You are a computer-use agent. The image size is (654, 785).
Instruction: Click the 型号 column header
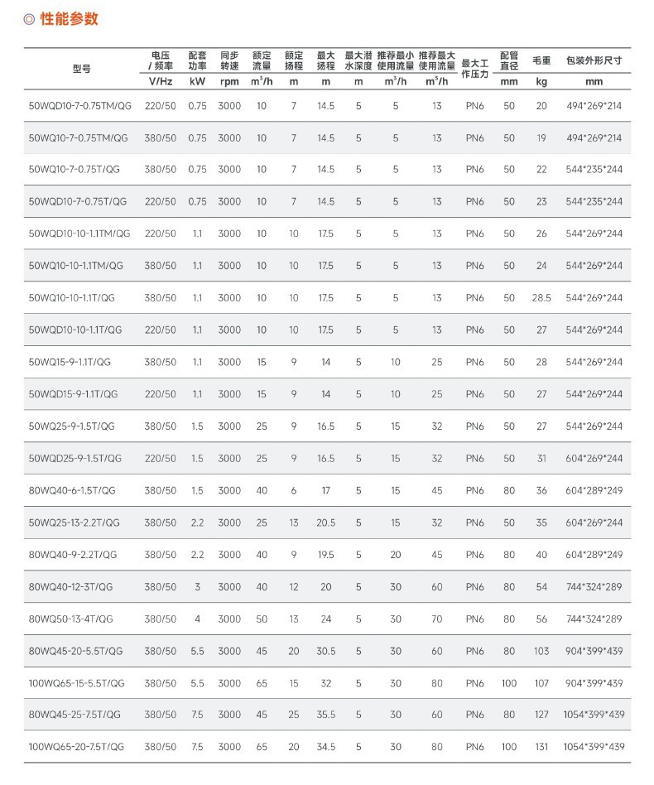point(82,69)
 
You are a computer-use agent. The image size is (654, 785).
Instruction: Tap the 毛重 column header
point(541,60)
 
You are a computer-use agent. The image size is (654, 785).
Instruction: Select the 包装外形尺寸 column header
point(594,60)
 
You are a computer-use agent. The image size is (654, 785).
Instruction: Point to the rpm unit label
point(229,82)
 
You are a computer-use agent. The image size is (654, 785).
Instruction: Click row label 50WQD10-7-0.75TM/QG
point(79,106)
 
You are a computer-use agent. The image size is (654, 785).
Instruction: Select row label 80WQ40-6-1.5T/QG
point(72,490)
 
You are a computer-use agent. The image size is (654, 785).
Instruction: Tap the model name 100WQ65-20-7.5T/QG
point(76,746)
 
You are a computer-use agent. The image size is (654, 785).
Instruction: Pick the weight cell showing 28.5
point(541,298)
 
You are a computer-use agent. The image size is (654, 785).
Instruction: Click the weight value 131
point(541,746)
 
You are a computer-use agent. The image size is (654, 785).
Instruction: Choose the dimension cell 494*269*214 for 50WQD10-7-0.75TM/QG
point(594,106)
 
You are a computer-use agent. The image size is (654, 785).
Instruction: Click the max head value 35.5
point(326,715)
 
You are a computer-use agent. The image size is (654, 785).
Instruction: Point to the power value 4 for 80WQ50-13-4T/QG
point(197,619)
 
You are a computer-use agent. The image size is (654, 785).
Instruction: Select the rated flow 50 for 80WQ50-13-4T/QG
point(262,619)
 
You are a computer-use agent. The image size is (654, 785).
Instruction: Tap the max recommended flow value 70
point(436,619)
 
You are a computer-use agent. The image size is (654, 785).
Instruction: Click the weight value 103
point(541,651)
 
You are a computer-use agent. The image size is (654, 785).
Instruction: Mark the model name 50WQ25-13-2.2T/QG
point(75,523)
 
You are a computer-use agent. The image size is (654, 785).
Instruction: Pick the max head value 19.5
point(326,555)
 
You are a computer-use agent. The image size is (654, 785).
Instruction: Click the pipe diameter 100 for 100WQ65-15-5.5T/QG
point(509,683)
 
